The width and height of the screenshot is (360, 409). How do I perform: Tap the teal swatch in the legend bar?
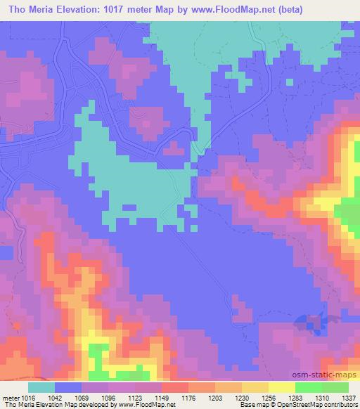41,387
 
